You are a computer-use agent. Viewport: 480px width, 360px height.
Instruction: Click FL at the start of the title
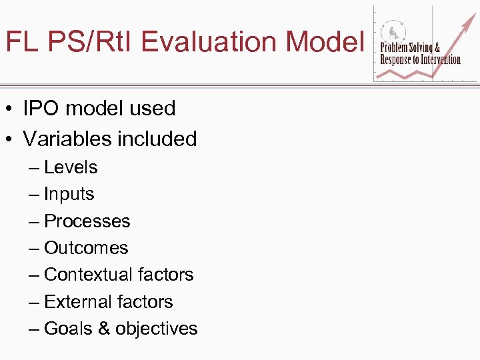(20, 41)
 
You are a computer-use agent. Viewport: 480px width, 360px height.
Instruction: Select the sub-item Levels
(71, 167)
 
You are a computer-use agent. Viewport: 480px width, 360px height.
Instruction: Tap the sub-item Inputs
(69, 195)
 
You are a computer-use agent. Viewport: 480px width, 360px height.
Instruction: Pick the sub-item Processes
(87, 221)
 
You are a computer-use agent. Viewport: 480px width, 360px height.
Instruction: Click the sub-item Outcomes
(86, 248)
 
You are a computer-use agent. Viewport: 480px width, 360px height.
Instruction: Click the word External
(75, 302)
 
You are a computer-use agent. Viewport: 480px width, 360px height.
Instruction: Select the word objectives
(157, 329)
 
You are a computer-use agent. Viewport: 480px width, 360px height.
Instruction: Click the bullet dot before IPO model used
(9, 109)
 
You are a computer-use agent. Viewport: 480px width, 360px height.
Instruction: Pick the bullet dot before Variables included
(9, 139)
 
